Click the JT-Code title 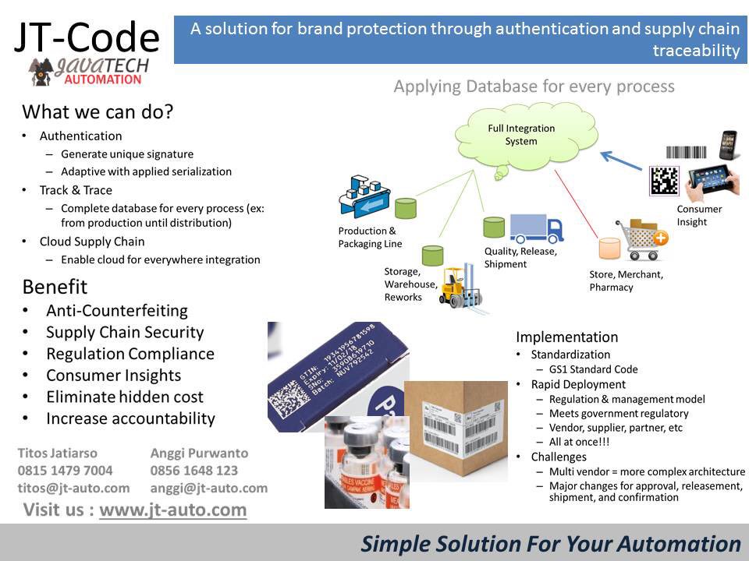pos(87,36)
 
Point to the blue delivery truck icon pos(537,228)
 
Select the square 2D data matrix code pos(664,182)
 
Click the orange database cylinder pos(609,249)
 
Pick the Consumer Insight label pos(699,216)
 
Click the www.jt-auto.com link pos(172,510)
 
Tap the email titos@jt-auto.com pos(73,488)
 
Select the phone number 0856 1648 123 pos(194,471)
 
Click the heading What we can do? pos(98,112)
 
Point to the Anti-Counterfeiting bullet pos(117,311)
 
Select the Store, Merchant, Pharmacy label pos(626,280)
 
